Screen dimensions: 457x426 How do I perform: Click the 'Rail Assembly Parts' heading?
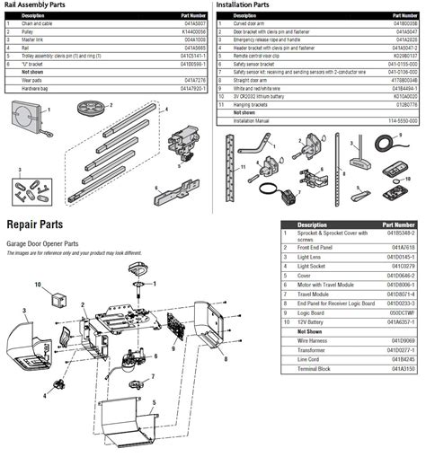coord(36,4)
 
